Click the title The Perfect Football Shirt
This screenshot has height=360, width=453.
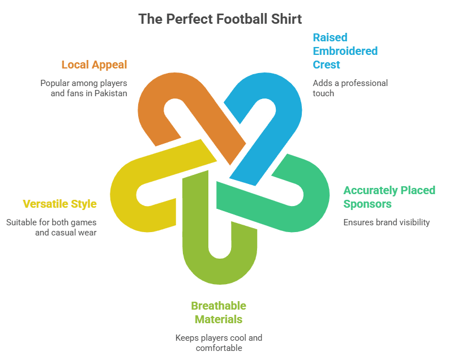220,19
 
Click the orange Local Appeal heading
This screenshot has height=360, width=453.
94,65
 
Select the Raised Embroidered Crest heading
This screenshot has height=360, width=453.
345,51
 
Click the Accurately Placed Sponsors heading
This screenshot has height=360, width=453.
389,196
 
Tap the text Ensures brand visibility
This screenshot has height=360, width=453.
386,222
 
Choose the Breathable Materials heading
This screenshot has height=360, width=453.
219,312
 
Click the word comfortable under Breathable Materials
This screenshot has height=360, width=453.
219,348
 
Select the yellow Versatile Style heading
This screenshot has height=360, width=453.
59,204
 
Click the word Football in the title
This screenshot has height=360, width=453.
232,19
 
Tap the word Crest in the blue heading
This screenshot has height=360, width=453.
327,65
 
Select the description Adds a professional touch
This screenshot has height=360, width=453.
350,88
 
